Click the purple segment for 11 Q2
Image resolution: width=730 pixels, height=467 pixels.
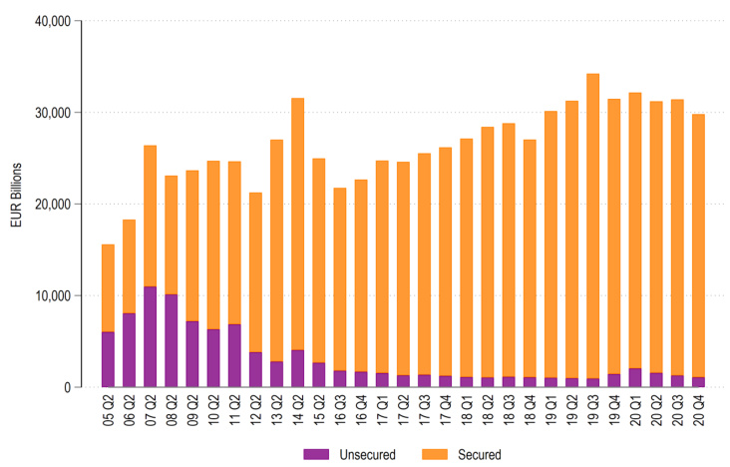[x=234, y=355]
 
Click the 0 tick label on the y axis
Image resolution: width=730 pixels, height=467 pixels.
[x=64, y=387]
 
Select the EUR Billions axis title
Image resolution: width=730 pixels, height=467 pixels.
[x=14, y=204]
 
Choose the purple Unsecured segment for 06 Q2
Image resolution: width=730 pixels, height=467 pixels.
[x=129, y=349]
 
